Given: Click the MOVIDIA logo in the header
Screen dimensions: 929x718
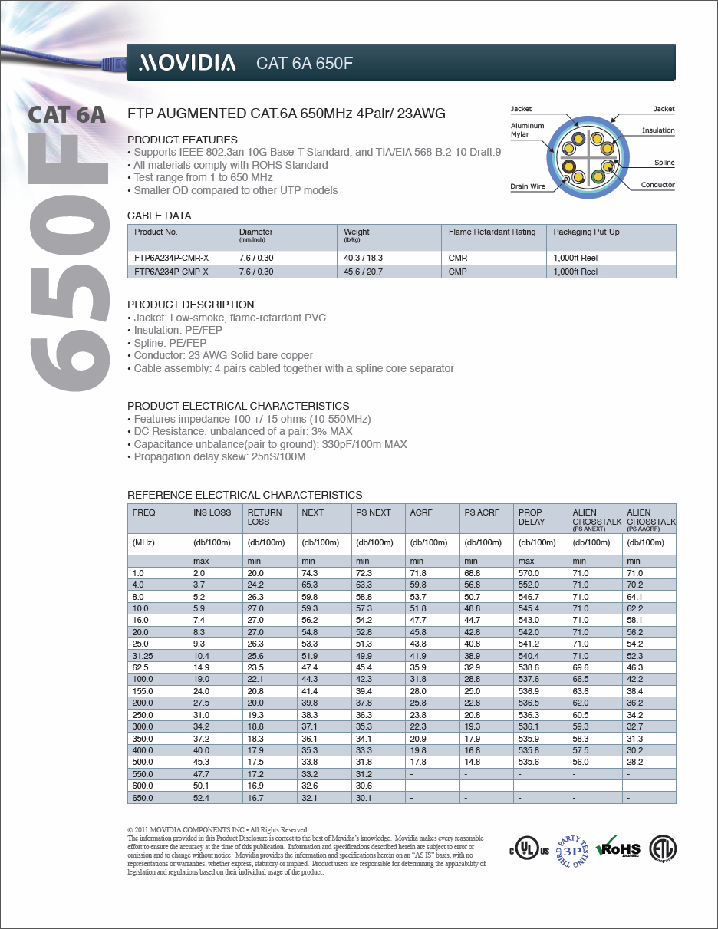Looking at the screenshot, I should tap(186, 63).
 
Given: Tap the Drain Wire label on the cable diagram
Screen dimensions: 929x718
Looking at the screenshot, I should tap(527, 186).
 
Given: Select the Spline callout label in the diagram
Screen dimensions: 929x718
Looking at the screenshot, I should tap(664, 163).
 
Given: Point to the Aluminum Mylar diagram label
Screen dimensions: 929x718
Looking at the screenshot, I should tap(527, 130).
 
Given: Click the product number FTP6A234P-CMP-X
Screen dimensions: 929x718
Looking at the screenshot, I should tap(171, 272).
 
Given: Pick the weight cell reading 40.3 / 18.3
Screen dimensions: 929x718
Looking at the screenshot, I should tap(363, 259).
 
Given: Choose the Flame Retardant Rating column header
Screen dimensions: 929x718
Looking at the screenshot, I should tap(492, 232).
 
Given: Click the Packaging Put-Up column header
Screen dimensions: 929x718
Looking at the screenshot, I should tap(586, 232).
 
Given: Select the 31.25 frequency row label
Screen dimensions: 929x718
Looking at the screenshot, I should tap(143, 656).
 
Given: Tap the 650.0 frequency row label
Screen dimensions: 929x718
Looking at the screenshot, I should tap(143, 798).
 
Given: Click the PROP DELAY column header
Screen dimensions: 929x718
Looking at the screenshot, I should tap(532, 517).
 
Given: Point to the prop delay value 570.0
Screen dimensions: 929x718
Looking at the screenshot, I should tap(529, 573).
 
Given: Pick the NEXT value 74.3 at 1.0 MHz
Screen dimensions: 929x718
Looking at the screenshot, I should tap(311, 573).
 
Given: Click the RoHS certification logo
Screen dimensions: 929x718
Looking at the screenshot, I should tap(618, 848).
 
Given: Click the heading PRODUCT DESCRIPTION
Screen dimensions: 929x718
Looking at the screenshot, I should tap(190, 305).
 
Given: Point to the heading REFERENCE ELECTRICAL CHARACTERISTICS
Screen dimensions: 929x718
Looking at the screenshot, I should tap(245, 495).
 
